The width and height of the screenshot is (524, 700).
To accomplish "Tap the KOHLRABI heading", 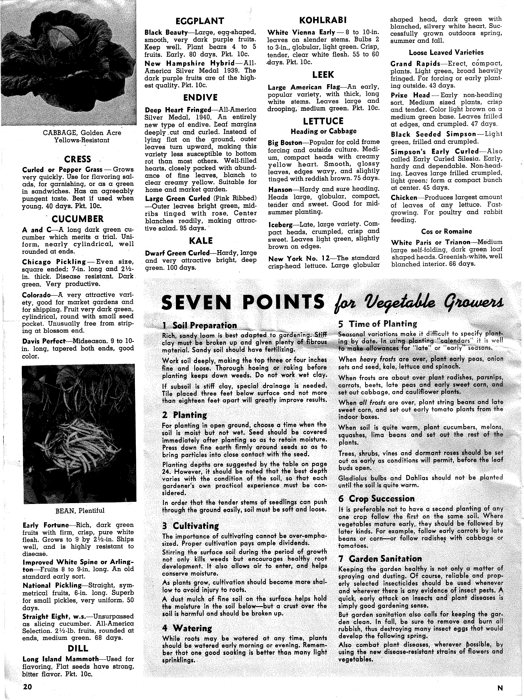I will (x=323, y=20).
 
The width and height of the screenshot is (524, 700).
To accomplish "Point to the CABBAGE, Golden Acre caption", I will (x=82, y=133).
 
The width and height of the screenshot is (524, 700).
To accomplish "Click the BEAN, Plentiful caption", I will (x=80, y=510).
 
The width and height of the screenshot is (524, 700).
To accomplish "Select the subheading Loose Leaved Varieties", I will (x=446, y=52).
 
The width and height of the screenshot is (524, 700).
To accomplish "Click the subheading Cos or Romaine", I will (x=446, y=231).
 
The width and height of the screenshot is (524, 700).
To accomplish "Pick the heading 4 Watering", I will (x=187, y=628).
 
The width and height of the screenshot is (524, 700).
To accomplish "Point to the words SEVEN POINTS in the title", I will (x=243, y=302).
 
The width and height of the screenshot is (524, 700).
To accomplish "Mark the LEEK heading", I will (x=323, y=75).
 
